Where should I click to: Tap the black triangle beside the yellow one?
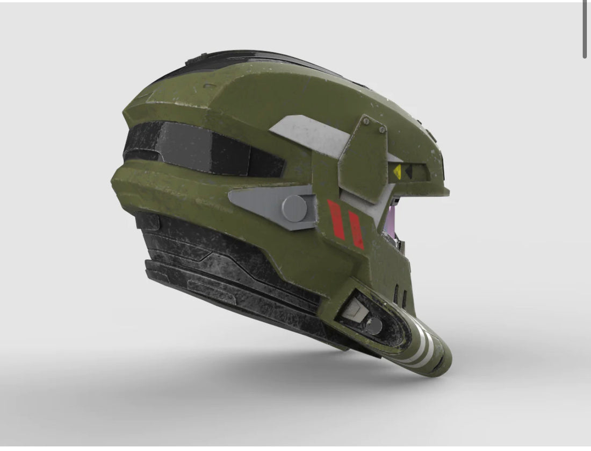coord(408,172)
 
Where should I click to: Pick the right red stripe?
coord(356,229)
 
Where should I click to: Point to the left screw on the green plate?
coord(366,122)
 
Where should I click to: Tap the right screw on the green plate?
coord(382,129)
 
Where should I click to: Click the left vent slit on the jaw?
coord(397,294)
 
